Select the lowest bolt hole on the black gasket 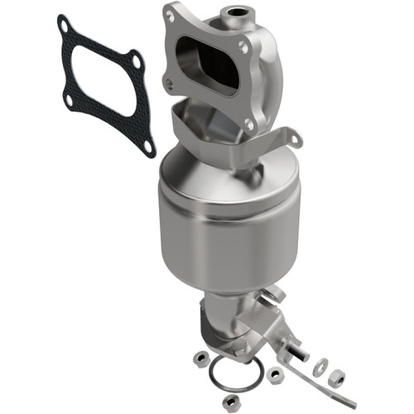(x=147, y=147)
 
